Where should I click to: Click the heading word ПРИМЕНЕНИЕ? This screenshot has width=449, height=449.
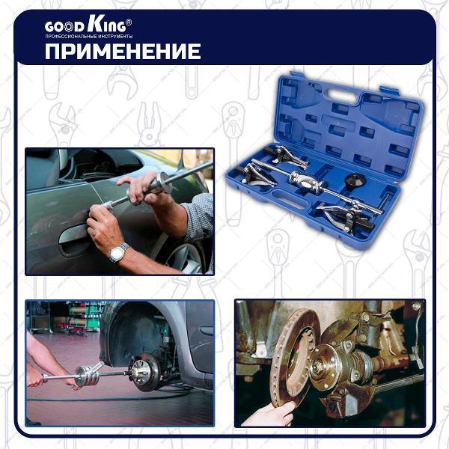point(123,52)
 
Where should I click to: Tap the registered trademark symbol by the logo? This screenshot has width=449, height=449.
point(129,22)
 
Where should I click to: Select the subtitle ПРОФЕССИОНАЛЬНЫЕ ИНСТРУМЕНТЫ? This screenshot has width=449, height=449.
point(89,37)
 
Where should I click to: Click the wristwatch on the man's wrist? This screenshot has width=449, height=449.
point(118,252)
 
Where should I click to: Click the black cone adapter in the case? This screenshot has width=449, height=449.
point(356,180)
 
